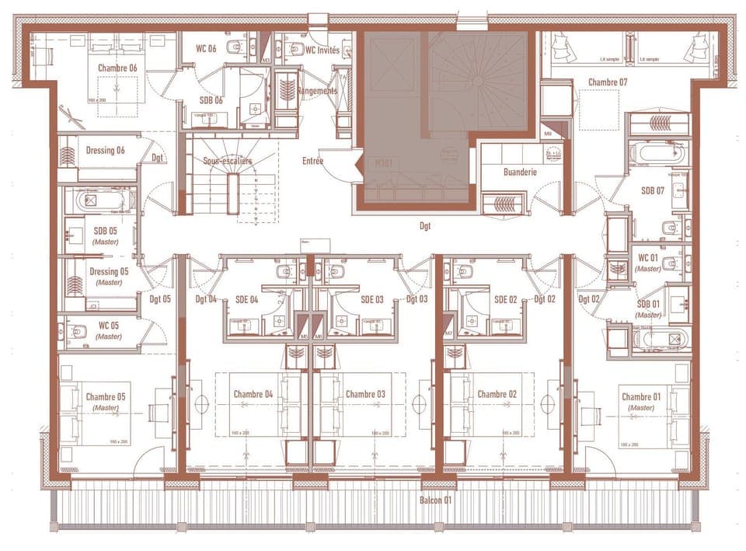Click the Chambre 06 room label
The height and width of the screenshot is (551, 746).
point(117,68)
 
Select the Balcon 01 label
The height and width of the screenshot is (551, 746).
point(435,500)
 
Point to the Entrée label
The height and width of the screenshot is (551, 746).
point(313,161)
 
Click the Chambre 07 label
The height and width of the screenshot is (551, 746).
point(607,82)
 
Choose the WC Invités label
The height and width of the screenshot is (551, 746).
point(322,49)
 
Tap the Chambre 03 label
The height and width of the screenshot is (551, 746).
point(365,394)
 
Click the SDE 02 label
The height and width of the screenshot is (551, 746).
point(506,299)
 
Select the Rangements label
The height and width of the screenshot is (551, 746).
point(317,91)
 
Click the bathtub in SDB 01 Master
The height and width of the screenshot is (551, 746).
point(661,340)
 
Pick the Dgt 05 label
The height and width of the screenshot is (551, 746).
point(160,298)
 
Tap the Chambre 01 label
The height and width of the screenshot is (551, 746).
point(641,398)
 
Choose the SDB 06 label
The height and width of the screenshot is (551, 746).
point(211,99)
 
